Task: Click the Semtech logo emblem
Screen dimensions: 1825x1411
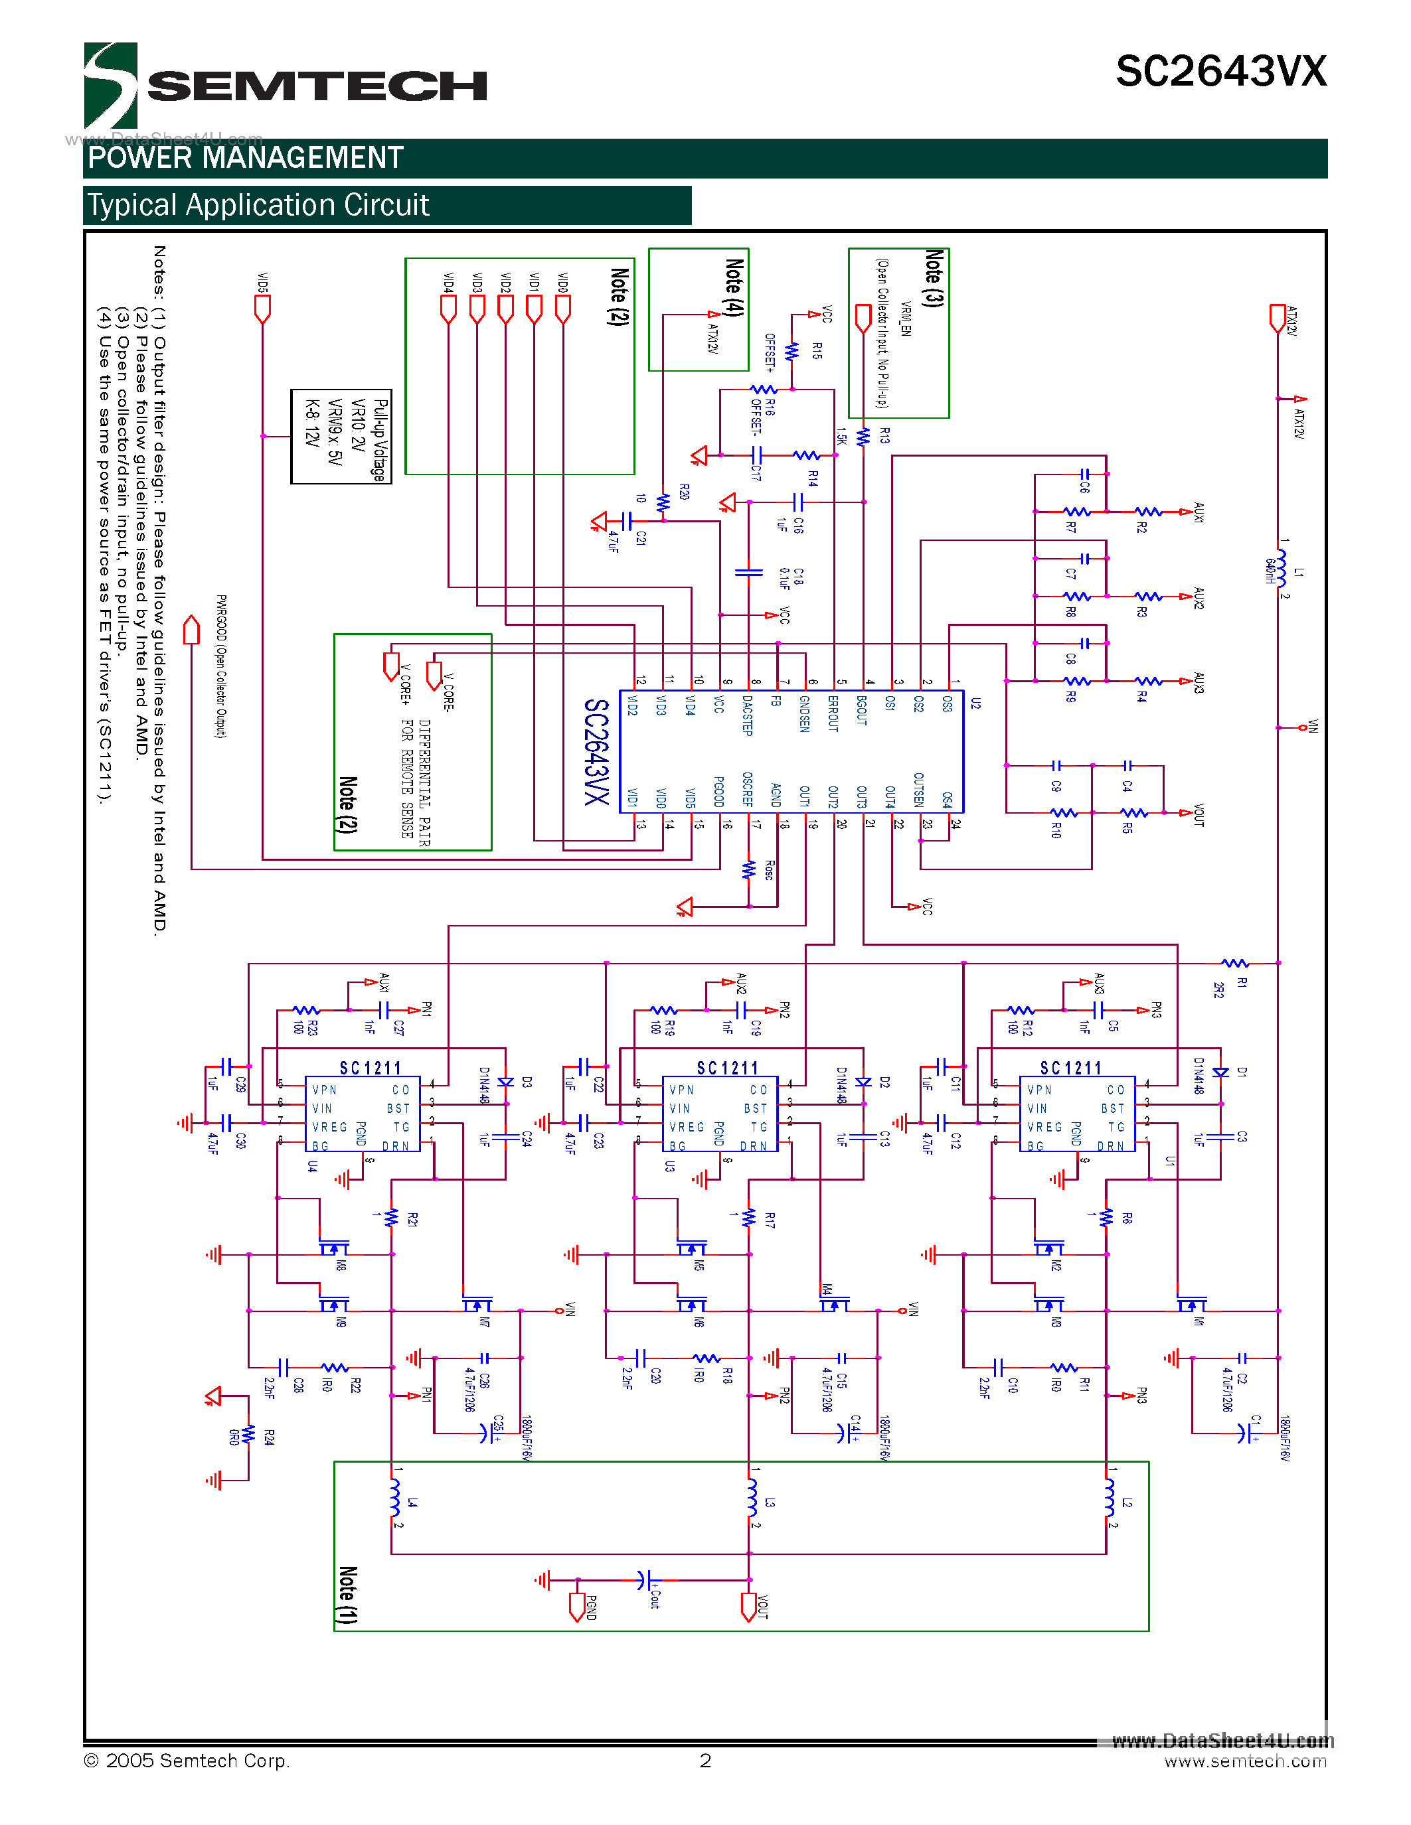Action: pyautogui.click(x=110, y=85)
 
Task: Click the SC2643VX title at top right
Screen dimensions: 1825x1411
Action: pyautogui.click(x=1220, y=72)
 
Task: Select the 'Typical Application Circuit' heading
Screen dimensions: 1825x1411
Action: pyautogui.click(x=258, y=206)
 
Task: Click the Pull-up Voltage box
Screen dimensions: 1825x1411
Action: pyautogui.click(x=341, y=436)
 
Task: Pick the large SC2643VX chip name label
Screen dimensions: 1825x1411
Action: pyautogui.click(x=596, y=751)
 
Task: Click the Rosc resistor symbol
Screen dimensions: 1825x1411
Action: pyautogui.click(x=749, y=870)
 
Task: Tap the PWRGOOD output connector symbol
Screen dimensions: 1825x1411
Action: pyautogui.click(x=191, y=629)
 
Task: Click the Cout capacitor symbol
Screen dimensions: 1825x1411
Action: pyautogui.click(x=642, y=1580)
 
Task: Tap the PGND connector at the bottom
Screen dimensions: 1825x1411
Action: pyautogui.click(x=577, y=1606)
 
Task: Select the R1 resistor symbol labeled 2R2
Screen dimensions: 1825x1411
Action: pyautogui.click(x=1234, y=964)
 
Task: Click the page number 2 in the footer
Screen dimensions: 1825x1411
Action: pyautogui.click(x=705, y=1761)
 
